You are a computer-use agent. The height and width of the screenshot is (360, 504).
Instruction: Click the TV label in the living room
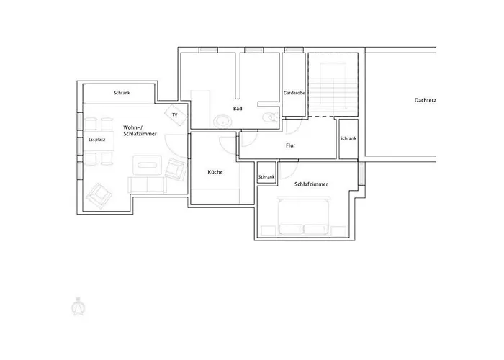pos(174,114)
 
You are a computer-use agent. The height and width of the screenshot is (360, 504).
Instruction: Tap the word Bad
pos(238,109)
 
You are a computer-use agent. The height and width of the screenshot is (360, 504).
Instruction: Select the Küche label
pos(215,172)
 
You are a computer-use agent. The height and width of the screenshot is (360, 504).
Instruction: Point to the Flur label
pos(291,145)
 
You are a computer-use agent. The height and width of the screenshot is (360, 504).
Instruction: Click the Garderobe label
pos(294,93)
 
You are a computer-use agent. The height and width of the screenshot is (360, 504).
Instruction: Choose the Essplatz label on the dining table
pos(96,140)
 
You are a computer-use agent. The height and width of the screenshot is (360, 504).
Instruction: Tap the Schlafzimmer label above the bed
pos(311,184)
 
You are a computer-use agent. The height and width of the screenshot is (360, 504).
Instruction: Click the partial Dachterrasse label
pos(426,100)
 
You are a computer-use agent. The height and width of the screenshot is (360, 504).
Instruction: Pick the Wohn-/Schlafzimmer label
pos(140,130)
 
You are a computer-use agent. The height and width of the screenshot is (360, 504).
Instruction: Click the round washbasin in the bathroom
pos(222,122)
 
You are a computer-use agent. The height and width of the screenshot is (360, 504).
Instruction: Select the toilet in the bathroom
pos(270,117)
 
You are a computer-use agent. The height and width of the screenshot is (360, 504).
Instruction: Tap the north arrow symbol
pos(78,306)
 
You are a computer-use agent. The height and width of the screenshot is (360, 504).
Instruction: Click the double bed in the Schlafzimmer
pos(304,216)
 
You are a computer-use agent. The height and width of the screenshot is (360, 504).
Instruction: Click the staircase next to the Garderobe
pos(333,84)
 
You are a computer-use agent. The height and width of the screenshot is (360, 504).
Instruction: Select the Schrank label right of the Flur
pos(348,138)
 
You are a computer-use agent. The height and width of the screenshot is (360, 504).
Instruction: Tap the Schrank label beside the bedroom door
pos(266,177)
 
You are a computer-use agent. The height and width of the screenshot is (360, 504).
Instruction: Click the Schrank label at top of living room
pos(122,93)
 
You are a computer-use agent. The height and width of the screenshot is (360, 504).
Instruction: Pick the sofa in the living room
pos(147,184)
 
